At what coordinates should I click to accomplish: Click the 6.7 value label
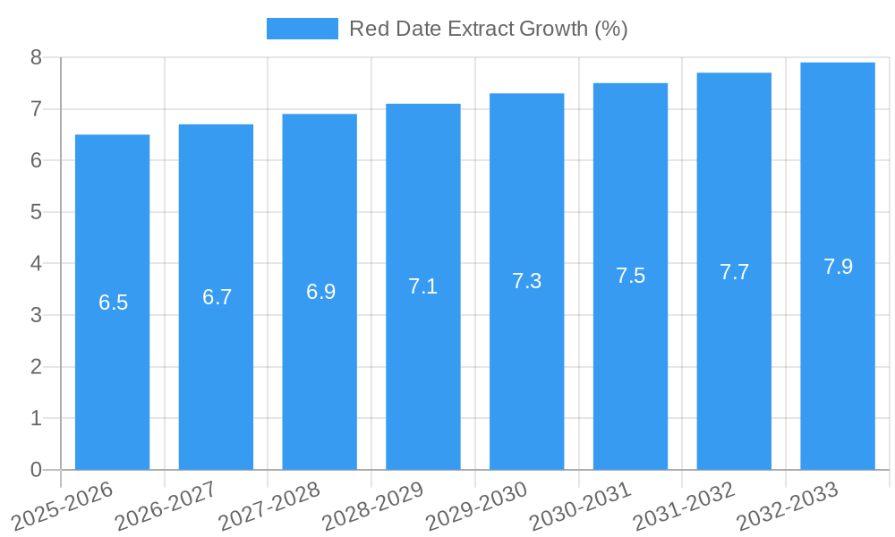(x=217, y=297)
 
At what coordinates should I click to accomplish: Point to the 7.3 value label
(x=526, y=281)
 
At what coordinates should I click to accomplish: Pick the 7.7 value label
(x=734, y=271)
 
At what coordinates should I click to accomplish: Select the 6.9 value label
(x=320, y=292)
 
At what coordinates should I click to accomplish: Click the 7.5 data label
(x=630, y=276)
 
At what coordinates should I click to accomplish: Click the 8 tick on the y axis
(x=36, y=57)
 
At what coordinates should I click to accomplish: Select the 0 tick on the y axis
(x=36, y=470)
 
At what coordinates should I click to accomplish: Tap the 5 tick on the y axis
(x=36, y=212)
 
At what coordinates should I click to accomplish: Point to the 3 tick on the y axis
(x=36, y=315)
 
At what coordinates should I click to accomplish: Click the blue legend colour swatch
(x=303, y=29)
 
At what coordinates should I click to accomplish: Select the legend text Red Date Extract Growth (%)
(x=488, y=29)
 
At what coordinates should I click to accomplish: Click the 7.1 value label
(x=422, y=286)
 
